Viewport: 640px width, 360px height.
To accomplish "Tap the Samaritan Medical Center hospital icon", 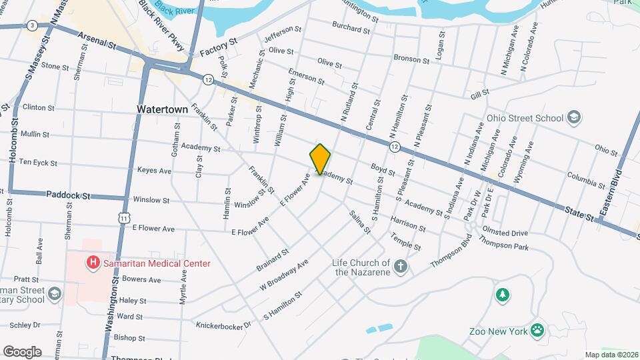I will (x=93, y=263).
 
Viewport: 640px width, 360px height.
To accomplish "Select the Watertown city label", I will (x=159, y=109).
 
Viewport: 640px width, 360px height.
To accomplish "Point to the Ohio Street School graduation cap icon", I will (x=573, y=118).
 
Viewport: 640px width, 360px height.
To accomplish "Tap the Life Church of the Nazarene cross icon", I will (x=400, y=267).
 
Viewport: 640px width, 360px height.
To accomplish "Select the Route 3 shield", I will (x=32, y=26).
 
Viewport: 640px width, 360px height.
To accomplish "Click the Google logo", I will (x=22, y=351).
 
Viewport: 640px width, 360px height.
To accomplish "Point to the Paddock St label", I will (x=68, y=195).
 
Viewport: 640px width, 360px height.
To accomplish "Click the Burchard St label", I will (x=351, y=29).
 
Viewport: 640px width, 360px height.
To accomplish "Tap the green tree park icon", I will (x=502, y=294).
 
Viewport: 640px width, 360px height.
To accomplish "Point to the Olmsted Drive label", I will (x=509, y=233).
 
